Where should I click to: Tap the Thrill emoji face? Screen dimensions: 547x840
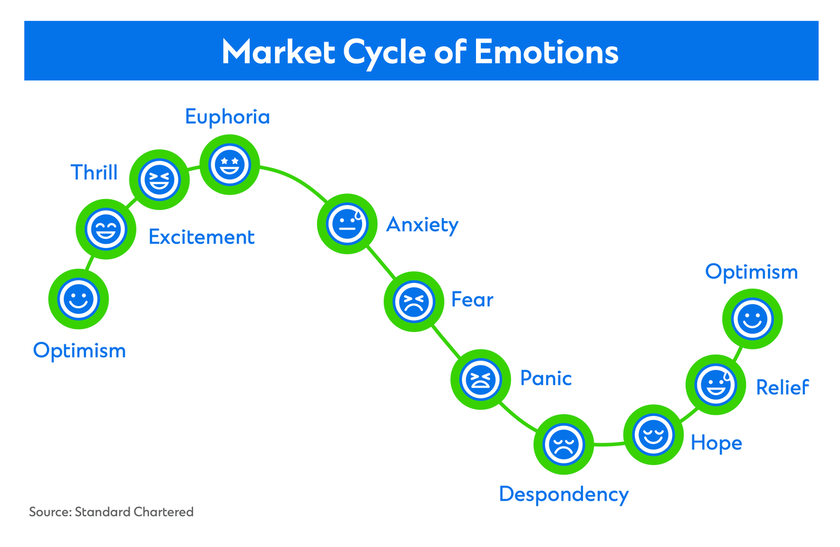click(162, 180)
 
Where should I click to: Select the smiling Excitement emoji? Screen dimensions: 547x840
click(105, 228)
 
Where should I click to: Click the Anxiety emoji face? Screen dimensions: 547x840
click(346, 223)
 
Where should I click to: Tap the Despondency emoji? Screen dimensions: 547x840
click(563, 443)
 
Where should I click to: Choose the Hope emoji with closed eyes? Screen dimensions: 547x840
click(652, 434)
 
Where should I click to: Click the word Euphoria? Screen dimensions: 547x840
click(227, 116)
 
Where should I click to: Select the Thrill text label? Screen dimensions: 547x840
click(94, 172)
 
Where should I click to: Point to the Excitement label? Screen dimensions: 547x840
click(202, 237)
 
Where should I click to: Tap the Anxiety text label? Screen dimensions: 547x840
click(422, 226)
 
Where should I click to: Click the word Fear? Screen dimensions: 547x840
click(472, 300)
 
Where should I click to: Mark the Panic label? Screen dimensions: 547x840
click(545, 379)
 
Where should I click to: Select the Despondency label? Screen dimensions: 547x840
click(563, 494)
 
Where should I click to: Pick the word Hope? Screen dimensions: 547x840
click(716, 443)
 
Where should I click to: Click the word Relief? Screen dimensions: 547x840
click(782, 387)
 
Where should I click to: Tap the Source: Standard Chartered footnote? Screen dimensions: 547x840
click(111, 512)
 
